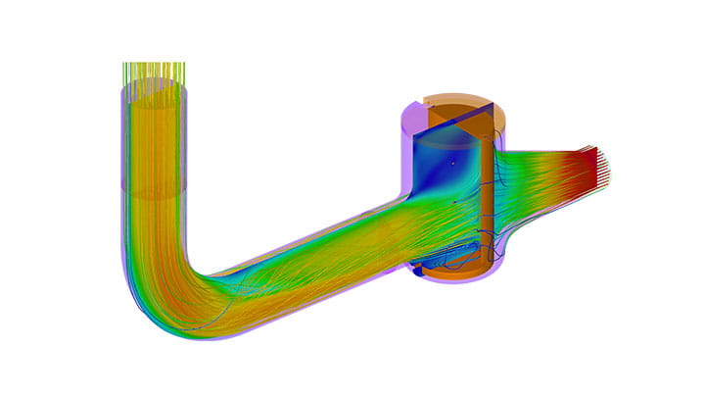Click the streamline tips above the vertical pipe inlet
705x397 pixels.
click(x=154, y=71)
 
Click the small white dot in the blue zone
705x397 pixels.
click(x=452, y=163)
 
